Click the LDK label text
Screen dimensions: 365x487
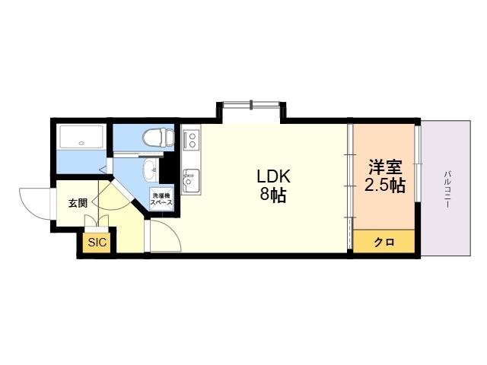(x=273, y=177)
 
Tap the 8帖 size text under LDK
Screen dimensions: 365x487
(x=273, y=195)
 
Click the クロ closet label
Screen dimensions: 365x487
(x=384, y=242)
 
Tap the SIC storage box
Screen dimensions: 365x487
(x=97, y=243)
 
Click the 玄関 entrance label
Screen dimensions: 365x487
(x=77, y=202)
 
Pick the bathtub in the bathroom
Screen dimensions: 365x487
(x=81, y=137)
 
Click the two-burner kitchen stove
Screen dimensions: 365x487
(x=190, y=139)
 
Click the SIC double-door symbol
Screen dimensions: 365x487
(x=97, y=223)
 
